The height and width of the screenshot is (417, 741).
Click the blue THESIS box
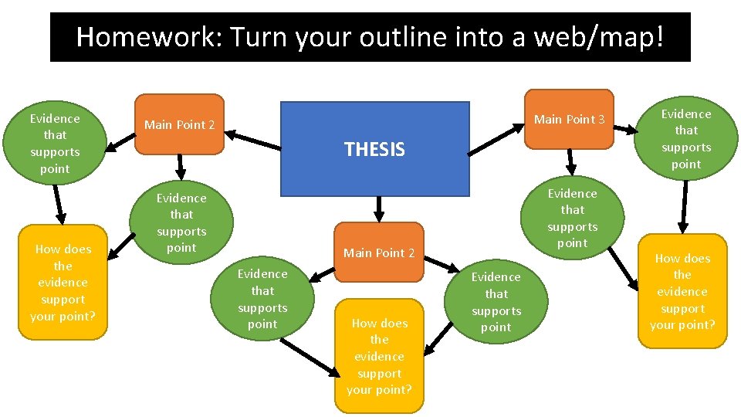374,149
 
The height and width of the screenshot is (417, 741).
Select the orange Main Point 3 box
569,119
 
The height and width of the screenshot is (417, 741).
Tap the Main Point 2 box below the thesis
379,253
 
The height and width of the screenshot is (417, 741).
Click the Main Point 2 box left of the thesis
179,124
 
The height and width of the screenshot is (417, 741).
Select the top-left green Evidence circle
54,144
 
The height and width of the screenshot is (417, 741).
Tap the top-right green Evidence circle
685,139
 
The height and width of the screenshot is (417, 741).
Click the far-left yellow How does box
63,283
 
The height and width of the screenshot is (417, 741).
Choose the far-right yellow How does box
682,291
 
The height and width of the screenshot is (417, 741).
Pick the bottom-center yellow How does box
379,356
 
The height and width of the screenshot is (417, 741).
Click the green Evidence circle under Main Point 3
572,218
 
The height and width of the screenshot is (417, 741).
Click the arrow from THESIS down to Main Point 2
378,208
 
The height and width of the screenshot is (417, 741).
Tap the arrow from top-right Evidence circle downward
682,206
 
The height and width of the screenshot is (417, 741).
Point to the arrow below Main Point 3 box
570,161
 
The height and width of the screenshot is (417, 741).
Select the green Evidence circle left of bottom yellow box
262,299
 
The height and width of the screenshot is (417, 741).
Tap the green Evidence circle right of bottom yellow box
496,301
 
